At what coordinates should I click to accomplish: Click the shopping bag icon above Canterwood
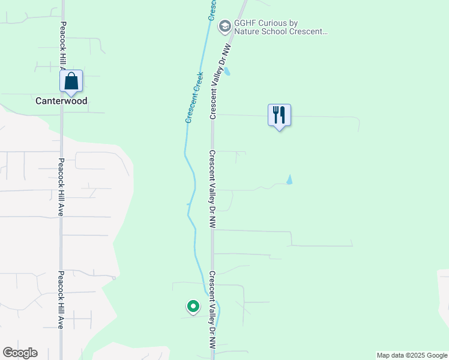point(71,81)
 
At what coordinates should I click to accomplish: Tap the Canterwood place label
point(61,101)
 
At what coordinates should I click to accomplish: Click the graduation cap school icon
point(225,26)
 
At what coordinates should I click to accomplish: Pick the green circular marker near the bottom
point(193,307)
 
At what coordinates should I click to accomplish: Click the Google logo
point(20,353)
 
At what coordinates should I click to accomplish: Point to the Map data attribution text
point(412,355)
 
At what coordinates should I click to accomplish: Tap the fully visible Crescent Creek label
point(194,98)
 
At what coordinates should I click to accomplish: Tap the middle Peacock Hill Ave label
point(61,187)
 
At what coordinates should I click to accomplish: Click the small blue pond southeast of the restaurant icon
point(289,179)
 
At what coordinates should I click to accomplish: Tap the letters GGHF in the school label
point(245,23)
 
